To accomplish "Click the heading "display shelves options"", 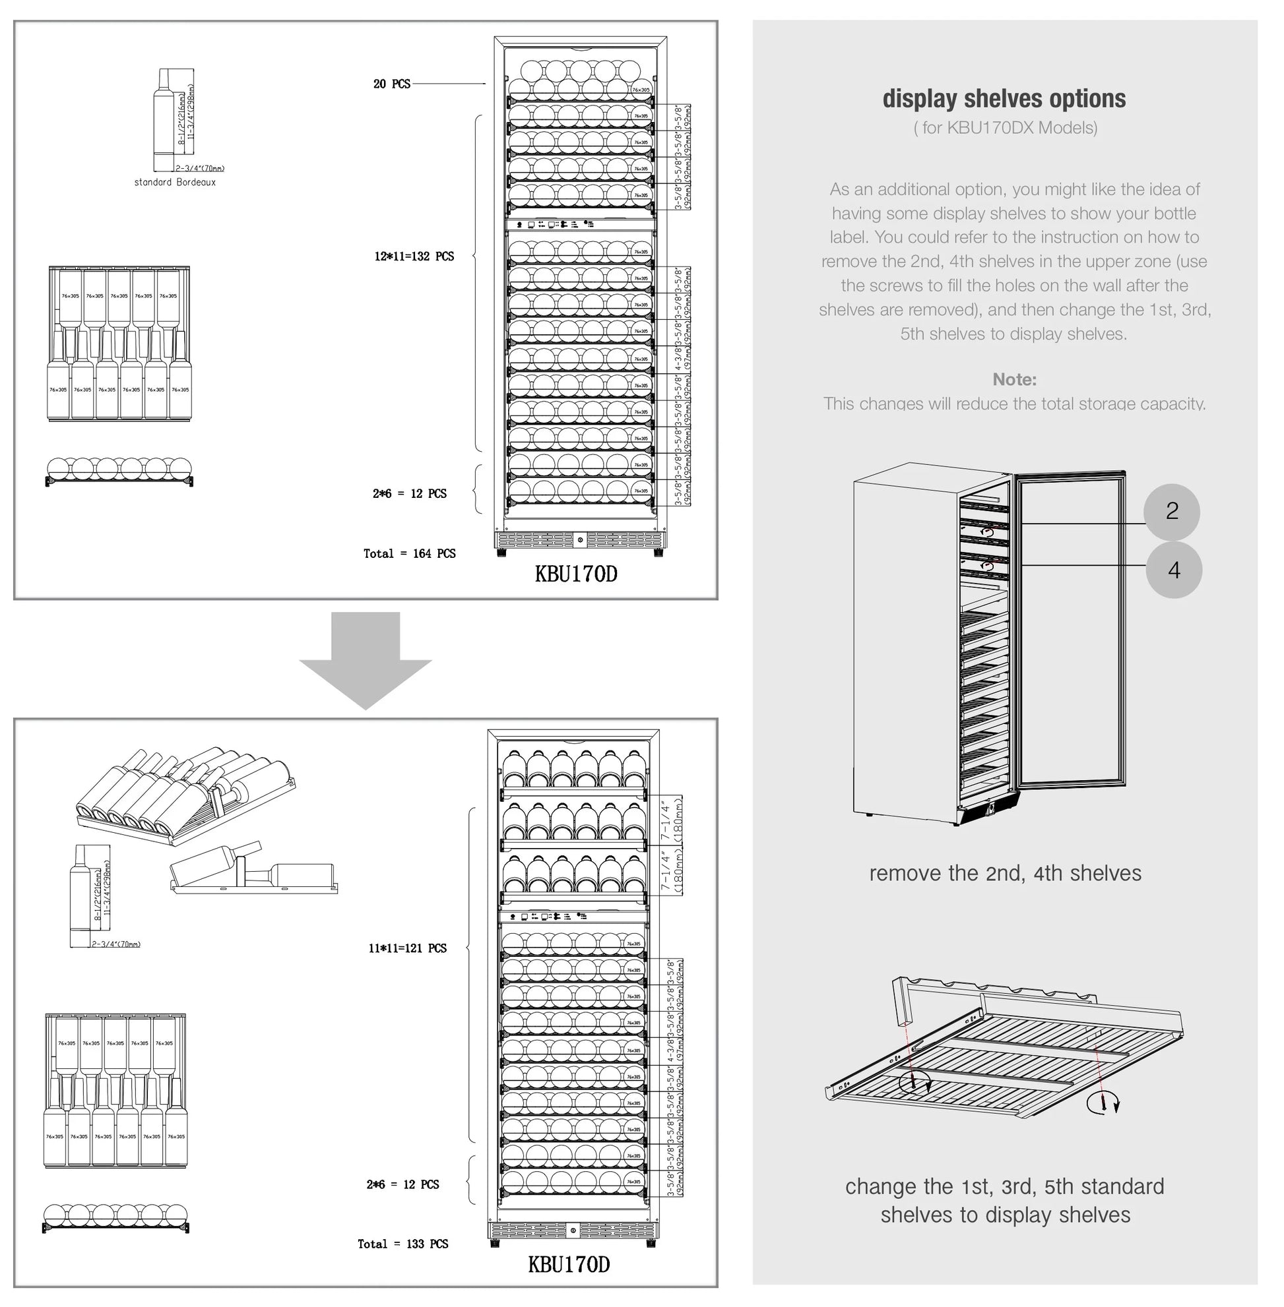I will click(1004, 99).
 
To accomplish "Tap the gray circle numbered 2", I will click(1171, 511).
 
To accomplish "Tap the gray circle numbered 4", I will click(1173, 570).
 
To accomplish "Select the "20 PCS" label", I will click(392, 84).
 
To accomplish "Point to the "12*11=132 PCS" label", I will click(414, 257).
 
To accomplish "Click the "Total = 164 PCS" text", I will click(409, 553).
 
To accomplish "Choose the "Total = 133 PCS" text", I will click(402, 1244).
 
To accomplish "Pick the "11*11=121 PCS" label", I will click(407, 948).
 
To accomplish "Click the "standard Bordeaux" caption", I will click(175, 183).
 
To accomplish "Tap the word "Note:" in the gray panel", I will click(1014, 379).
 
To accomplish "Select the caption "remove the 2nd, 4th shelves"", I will click(1005, 874).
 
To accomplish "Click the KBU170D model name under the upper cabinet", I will click(576, 574).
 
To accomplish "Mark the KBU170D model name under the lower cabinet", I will click(569, 1265).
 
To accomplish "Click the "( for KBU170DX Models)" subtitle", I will click(1005, 128).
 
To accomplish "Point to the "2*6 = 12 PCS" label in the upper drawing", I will click(409, 494).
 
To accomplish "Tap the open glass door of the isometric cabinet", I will click(1070, 630).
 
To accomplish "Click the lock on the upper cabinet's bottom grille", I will click(580, 540).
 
